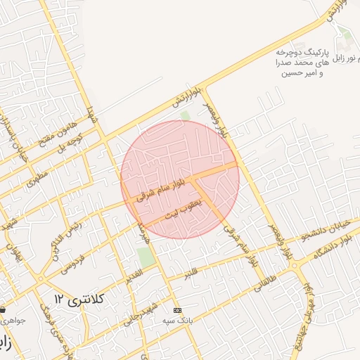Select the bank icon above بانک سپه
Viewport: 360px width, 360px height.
click(x=177, y=310)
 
